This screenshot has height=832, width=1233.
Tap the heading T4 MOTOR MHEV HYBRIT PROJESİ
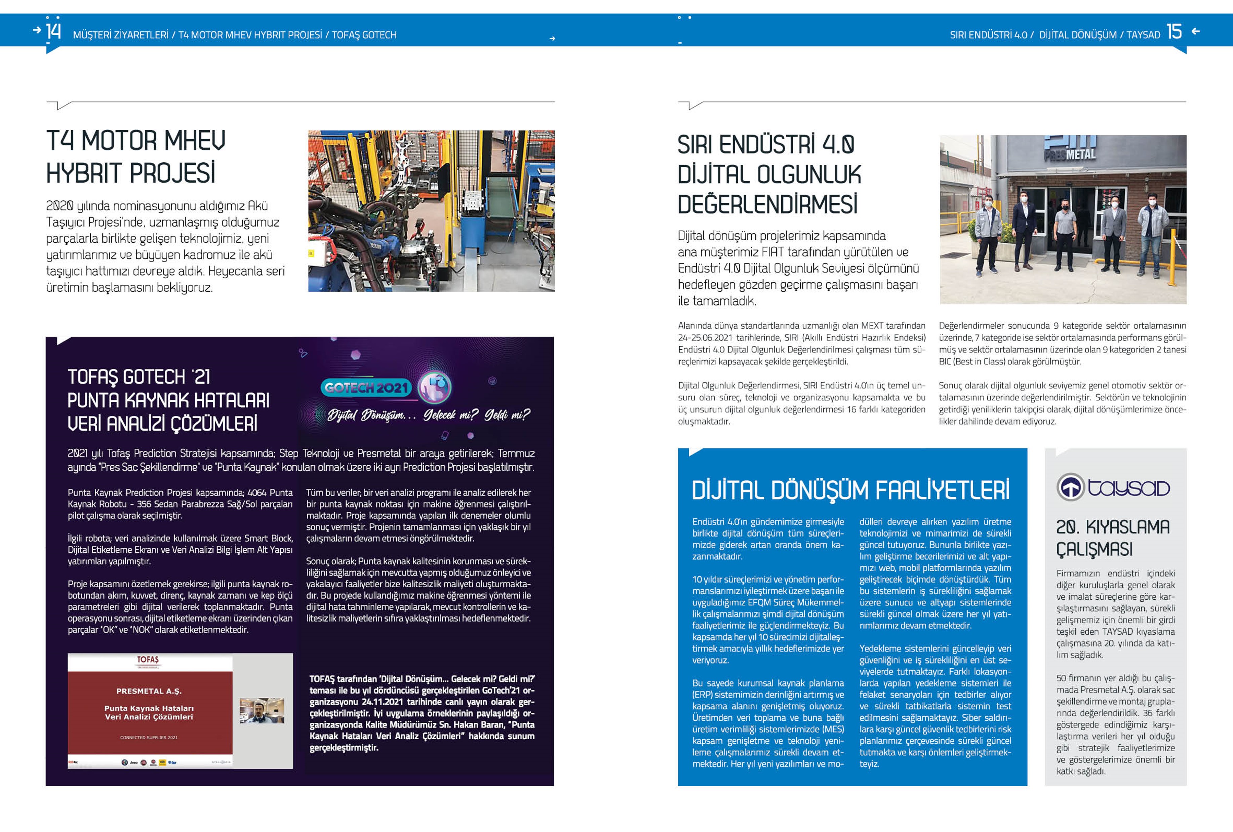pyautogui.click(x=136, y=157)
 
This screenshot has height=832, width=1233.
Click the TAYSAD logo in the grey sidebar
pyautogui.click(x=1113, y=487)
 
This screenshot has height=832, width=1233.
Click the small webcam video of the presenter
pyautogui.click(x=262, y=711)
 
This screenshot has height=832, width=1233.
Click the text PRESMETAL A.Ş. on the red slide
pyautogui.click(x=149, y=691)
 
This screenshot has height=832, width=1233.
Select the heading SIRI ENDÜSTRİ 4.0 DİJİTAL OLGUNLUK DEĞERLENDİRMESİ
pyautogui.click(x=769, y=174)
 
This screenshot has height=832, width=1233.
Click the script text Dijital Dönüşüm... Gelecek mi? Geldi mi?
pyautogui.click(x=429, y=414)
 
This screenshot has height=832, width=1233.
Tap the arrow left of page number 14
pyautogui.click(x=37, y=30)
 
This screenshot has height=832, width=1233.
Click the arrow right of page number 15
pyautogui.click(x=1196, y=31)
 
